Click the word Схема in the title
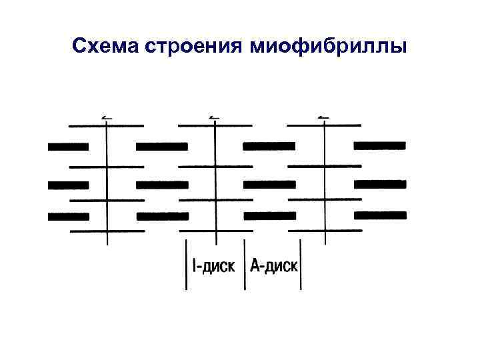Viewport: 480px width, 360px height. click(x=102, y=47)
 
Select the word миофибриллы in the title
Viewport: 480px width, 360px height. click(x=329, y=47)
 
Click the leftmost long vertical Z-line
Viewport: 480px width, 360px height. click(x=107, y=180)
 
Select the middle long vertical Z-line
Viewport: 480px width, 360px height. click(x=215, y=180)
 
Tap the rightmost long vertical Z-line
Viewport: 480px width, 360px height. click(x=324, y=180)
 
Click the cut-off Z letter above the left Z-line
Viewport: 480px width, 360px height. click(x=106, y=117)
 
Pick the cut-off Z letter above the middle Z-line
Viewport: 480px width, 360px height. click(x=214, y=117)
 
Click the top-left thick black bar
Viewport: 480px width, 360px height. click(x=68, y=146)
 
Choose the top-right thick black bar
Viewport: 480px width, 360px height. click(x=379, y=145)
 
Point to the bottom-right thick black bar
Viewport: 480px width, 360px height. click(x=379, y=215)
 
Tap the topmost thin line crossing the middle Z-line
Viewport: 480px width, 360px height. click(x=215, y=125)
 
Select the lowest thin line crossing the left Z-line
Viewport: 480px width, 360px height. click(x=107, y=231)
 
